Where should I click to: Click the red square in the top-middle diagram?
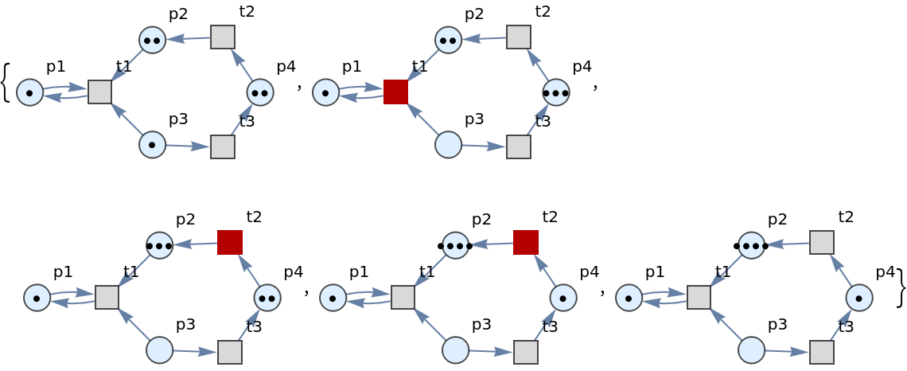click(395, 92)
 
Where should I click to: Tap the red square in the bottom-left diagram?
click(230, 242)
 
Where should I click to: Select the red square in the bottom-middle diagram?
click(526, 242)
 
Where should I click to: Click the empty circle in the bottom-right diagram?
click(751, 350)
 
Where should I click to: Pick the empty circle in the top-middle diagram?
click(448, 144)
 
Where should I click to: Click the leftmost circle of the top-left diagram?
click(29, 92)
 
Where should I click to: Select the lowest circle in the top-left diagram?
click(152, 144)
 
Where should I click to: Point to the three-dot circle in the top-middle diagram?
click(556, 92)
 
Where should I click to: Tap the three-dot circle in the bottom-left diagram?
click(159, 245)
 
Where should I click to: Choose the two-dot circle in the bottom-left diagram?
click(267, 298)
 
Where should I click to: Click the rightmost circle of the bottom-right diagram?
click(859, 298)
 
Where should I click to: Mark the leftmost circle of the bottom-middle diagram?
click(333, 298)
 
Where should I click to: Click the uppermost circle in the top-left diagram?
click(152, 40)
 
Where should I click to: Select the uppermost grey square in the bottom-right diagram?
click(822, 242)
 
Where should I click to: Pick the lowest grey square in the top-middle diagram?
click(519, 146)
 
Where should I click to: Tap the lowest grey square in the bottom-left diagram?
click(230, 352)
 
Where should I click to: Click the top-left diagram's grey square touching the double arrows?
click(99, 92)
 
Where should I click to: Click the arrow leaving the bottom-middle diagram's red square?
click(491, 244)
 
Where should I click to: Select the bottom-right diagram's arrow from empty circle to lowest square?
click(786, 351)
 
